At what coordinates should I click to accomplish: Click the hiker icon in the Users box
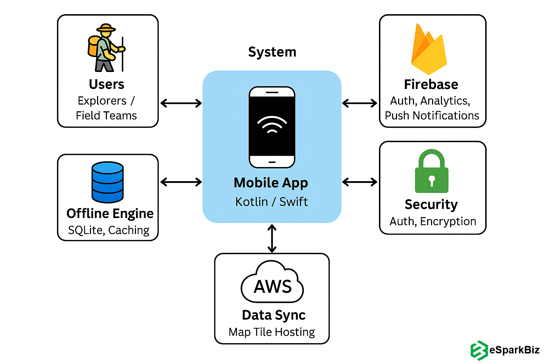pos(106,48)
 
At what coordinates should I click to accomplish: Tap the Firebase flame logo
pos(429,50)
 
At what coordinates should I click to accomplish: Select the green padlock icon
pos(431,172)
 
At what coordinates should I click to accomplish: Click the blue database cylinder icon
pos(108,182)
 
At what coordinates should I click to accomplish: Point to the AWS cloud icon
pos(272,283)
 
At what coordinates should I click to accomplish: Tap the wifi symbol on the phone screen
pos(272,125)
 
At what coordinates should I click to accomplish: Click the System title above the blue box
pos(272,52)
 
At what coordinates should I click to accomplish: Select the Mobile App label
pos(271,183)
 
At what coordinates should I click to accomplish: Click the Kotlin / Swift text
pos(272,202)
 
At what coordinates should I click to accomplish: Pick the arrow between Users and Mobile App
pos(181,103)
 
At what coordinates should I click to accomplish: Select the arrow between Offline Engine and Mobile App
pos(181,182)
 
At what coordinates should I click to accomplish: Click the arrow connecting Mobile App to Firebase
pos(360,103)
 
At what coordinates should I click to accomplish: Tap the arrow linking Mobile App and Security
pos(360,182)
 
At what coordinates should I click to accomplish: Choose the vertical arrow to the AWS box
pos(272,238)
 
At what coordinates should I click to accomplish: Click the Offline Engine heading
pos(110,213)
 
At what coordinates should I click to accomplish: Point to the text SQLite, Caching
pos(109,230)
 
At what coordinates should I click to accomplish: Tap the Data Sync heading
pos(273,315)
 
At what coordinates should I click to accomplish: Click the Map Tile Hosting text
pos(272,332)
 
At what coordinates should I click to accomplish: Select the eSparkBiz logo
pos(505,350)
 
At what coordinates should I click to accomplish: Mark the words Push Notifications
pos(432,116)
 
